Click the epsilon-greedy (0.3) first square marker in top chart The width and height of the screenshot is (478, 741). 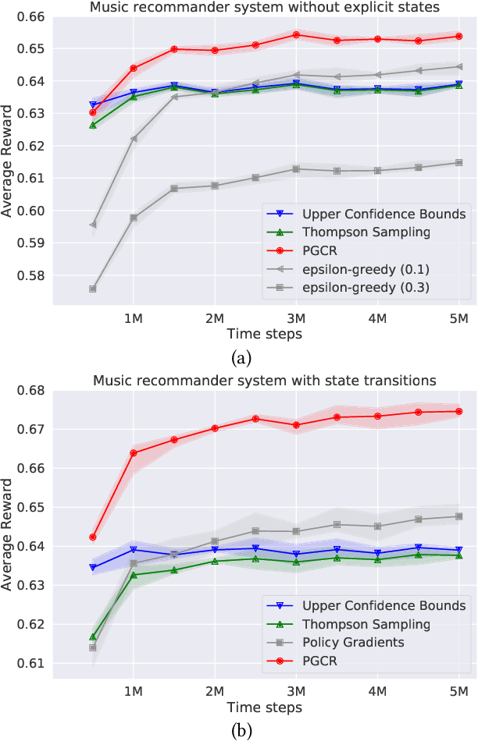click(x=93, y=289)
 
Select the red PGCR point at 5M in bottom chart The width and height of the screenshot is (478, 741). click(x=459, y=412)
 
